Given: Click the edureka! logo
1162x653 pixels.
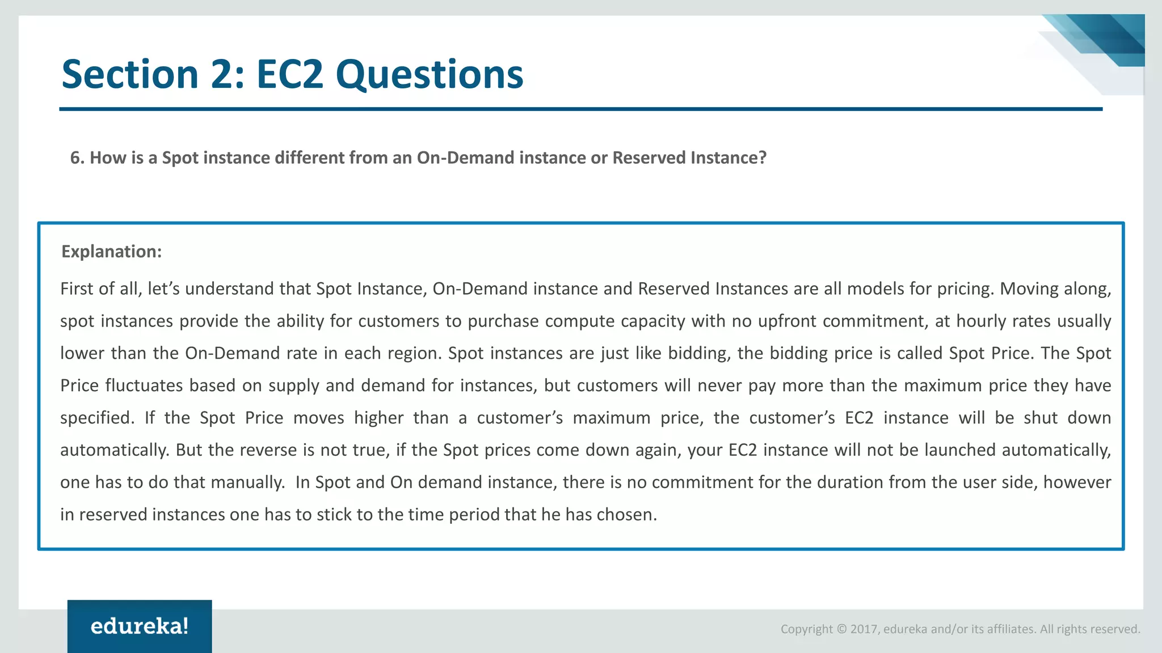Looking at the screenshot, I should coord(140,626).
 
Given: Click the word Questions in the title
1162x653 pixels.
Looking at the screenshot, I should coord(429,75).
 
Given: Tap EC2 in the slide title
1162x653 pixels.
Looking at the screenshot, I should coord(289,75).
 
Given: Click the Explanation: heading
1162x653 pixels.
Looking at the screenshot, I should coord(111,251).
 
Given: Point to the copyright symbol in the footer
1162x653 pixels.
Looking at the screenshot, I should coord(841,629).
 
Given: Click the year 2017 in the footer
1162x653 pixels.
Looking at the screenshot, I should coord(864,629).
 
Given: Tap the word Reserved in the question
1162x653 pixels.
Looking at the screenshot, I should coord(649,158).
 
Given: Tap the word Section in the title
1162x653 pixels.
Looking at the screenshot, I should coord(129,75).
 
